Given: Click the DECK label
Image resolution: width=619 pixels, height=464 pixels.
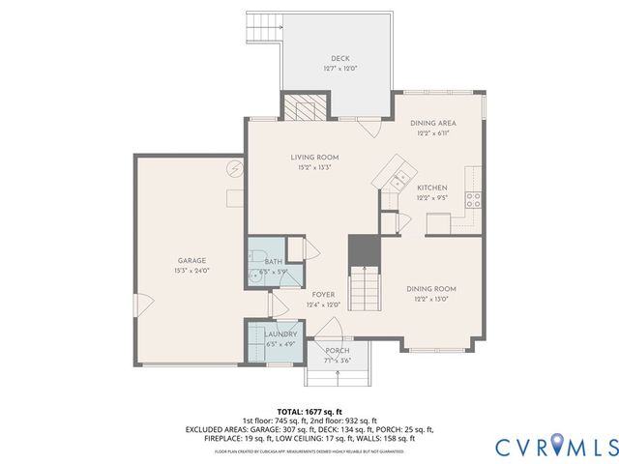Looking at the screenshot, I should pyautogui.click(x=339, y=58).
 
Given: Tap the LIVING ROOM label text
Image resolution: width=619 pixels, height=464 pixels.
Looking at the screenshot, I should pyautogui.click(x=314, y=157).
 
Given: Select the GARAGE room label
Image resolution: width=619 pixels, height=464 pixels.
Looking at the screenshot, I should pyautogui.click(x=192, y=260).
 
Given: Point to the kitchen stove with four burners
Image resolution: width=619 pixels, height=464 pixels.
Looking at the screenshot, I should pyautogui.click(x=474, y=199).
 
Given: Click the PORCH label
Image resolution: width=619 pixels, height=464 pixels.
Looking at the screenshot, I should pyautogui.click(x=337, y=350).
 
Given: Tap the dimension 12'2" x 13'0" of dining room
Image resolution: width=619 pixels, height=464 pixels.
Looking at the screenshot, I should pyautogui.click(x=431, y=299).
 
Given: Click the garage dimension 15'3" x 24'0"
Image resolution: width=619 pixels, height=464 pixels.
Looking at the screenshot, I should pyautogui.click(x=192, y=270).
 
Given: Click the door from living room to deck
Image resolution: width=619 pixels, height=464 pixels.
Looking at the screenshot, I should pyautogui.click(x=367, y=127).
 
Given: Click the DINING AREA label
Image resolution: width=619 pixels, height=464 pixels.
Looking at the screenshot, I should pyautogui.click(x=431, y=123).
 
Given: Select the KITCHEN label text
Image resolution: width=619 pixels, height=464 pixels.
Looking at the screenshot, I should pyautogui.click(x=431, y=188).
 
